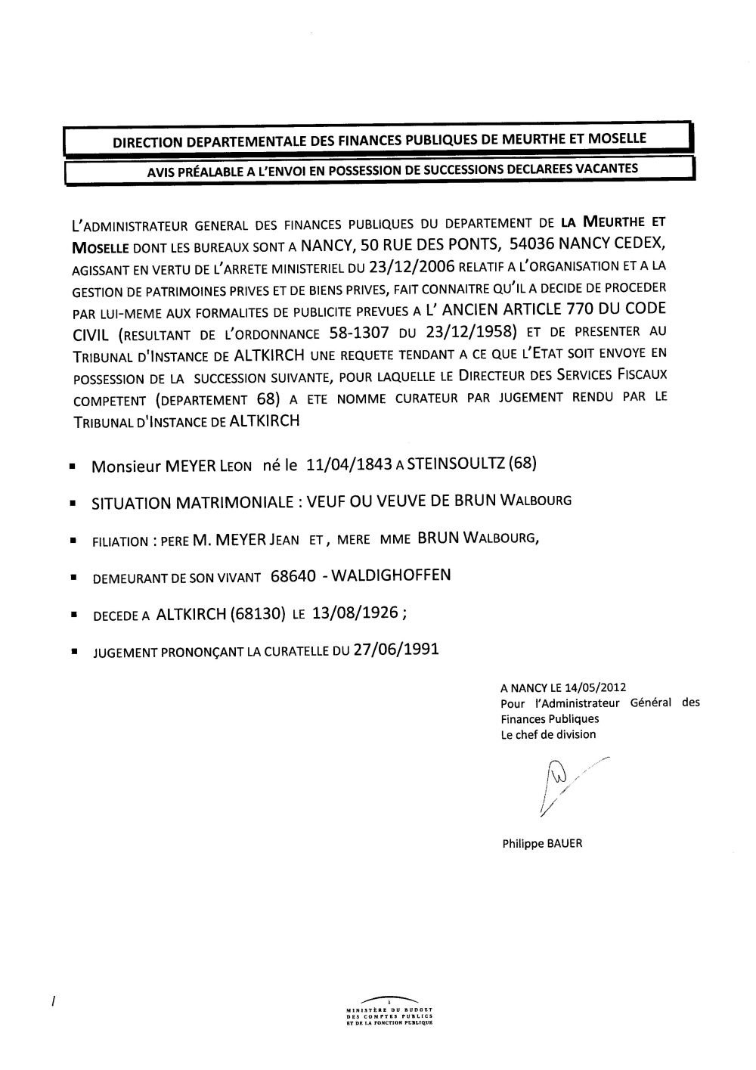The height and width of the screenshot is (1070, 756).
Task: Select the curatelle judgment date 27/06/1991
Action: click(x=396, y=650)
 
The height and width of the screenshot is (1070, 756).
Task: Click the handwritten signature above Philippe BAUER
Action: click(x=563, y=786)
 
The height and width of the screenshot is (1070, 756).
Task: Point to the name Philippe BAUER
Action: click(x=542, y=845)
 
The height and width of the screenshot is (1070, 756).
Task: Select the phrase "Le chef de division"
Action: click(x=548, y=734)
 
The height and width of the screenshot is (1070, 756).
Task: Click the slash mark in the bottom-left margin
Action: click(x=53, y=1002)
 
